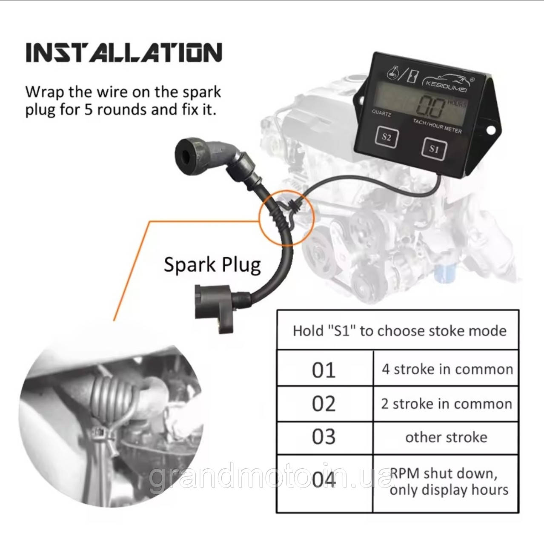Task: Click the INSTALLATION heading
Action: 124,52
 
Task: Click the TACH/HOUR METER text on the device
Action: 437,126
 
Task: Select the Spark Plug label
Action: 212,264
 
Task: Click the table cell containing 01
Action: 325,368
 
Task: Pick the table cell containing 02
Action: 325,403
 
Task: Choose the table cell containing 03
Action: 325,438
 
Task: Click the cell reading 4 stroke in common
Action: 446,368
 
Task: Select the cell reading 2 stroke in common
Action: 446,403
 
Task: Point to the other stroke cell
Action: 446,438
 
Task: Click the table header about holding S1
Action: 398,330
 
